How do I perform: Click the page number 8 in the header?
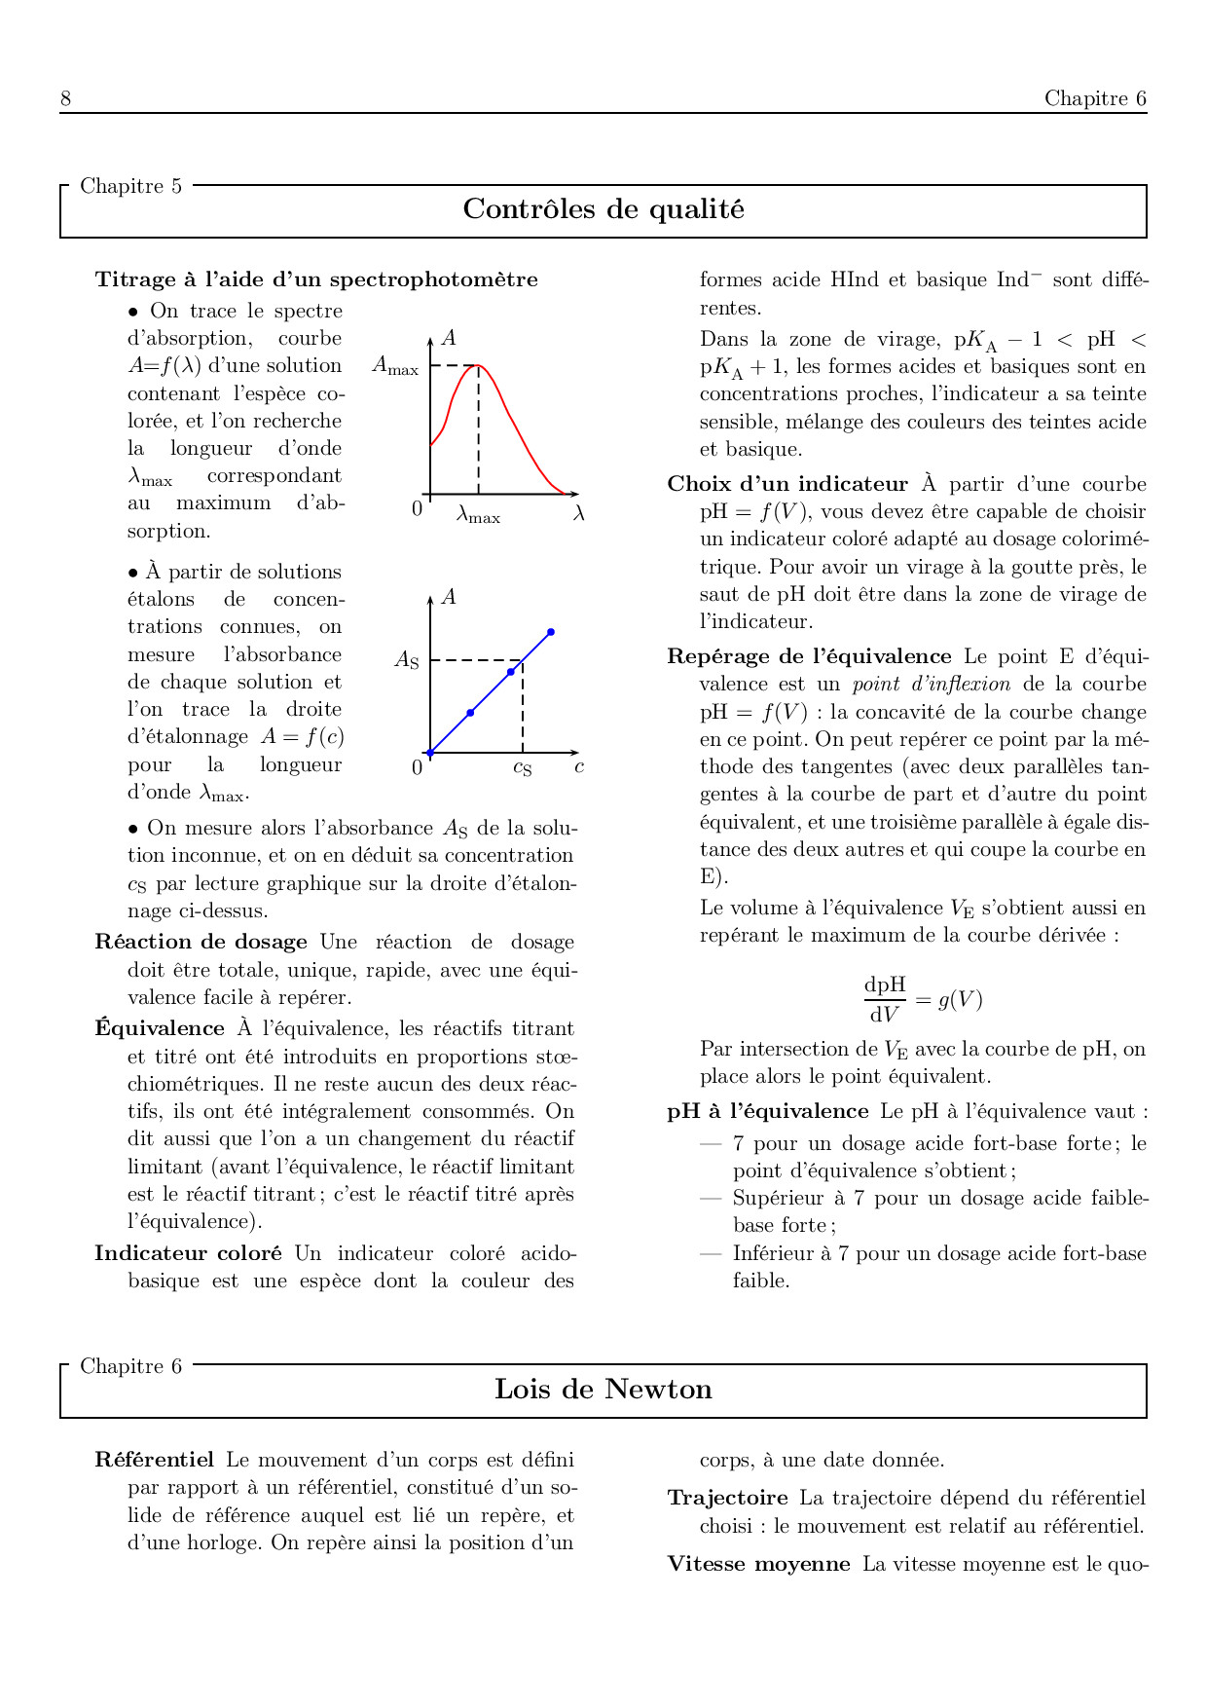(65, 98)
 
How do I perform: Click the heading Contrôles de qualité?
(603, 209)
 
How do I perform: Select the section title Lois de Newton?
(603, 1390)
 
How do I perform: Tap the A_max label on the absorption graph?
(395, 367)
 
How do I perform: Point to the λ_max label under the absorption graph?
(478, 514)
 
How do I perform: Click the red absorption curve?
(516, 428)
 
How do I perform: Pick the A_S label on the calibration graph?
(406, 660)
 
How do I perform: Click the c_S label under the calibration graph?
(522, 768)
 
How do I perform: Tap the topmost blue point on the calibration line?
(551, 633)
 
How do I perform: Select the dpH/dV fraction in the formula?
(884, 1000)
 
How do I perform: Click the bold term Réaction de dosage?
(201, 943)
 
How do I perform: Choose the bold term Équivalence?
(160, 1029)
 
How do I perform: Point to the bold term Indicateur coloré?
(188, 1254)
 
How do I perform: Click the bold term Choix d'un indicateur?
(786, 485)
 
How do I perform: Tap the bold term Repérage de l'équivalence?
(809, 657)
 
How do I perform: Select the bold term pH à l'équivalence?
(767, 1112)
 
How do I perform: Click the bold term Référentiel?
(154, 1461)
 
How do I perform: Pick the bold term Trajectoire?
(727, 1499)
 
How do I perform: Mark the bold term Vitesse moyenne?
(758, 1565)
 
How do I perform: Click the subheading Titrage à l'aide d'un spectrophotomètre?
(316, 280)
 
